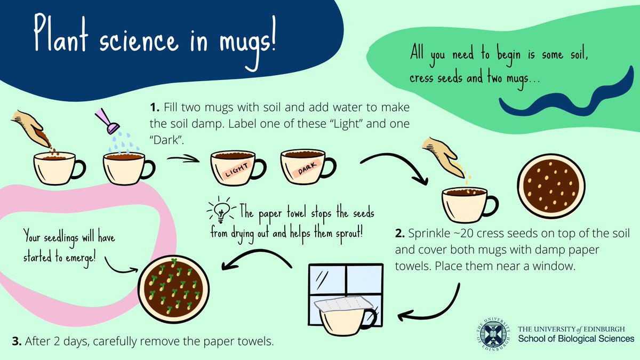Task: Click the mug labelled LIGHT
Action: [237, 167]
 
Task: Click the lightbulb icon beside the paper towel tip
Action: [221, 211]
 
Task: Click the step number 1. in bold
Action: [155, 108]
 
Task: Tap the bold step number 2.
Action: [400, 234]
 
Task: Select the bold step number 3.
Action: [17, 341]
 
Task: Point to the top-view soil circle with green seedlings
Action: [173, 289]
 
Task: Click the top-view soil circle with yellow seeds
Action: [551, 186]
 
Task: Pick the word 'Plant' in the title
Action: [61, 34]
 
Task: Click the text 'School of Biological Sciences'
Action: [576, 339]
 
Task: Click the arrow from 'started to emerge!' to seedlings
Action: [120, 266]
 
